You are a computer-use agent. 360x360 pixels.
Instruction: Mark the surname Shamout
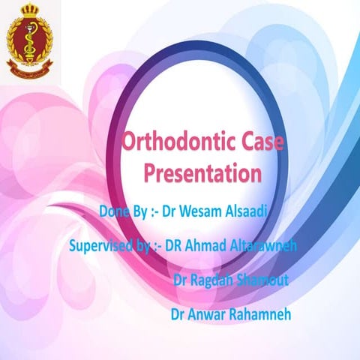(275, 280)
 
